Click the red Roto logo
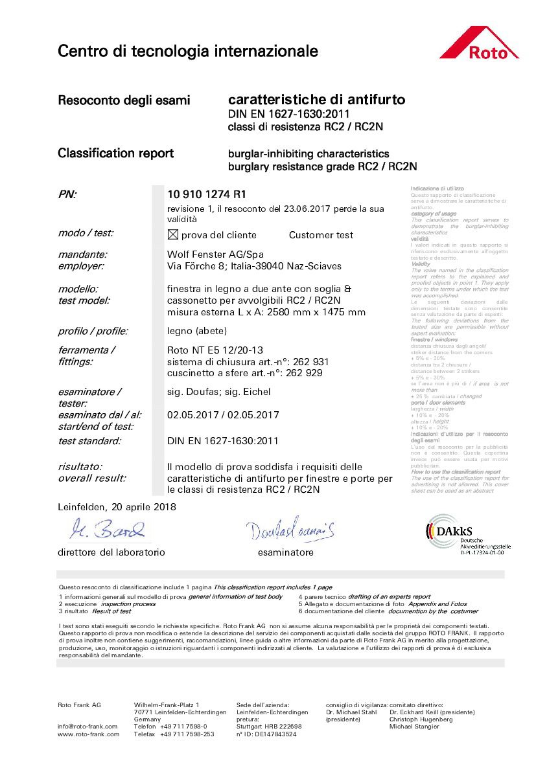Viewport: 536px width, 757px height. coord(479,43)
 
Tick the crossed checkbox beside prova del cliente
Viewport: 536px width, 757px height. coord(172,234)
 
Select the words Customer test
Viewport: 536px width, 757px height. coord(321,235)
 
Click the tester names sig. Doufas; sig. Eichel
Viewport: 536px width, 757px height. coord(218,392)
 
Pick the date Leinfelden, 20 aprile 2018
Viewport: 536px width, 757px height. coord(117,506)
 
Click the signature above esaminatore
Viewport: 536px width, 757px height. coord(290,530)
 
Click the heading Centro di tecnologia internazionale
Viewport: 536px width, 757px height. coord(188,51)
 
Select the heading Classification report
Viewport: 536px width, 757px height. coord(115,153)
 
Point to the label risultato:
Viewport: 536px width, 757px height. coord(80,467)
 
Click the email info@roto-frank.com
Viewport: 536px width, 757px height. coord(87,727)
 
